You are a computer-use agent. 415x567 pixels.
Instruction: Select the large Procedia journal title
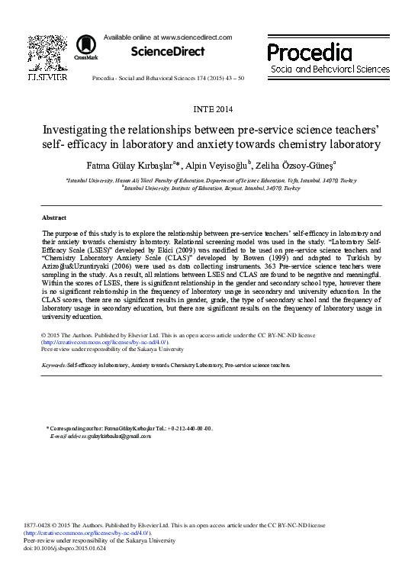pyautogui.click(x=309, y=53)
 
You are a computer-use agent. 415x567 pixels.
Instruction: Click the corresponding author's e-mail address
pyautogui.click(x=108, y=436)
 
